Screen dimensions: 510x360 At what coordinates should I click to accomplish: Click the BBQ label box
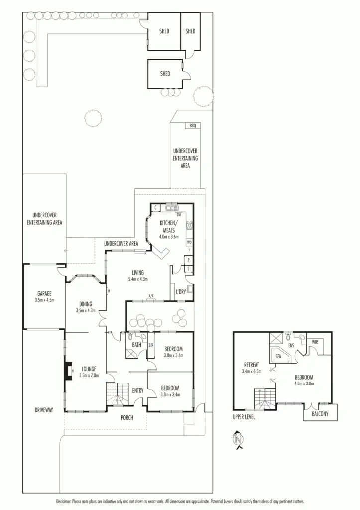tap(193, 126)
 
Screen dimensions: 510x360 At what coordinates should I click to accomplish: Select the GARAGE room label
tap(44, 293)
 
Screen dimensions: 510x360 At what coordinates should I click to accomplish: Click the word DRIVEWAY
tap(44, 410)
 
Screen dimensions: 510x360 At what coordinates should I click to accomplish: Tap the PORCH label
tap(127, 417)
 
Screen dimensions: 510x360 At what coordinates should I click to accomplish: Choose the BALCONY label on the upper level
tap(320, 413)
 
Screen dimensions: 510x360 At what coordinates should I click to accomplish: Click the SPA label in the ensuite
tap(278, 357)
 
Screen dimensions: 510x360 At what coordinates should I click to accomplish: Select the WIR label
tap(314, 342)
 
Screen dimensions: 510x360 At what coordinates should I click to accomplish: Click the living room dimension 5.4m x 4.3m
tap(138, 280)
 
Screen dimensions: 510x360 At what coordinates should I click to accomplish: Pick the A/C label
tap(150, 298)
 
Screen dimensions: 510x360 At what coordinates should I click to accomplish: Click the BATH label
tap(136, 344)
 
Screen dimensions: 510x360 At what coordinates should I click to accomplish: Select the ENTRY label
tap(138, 391)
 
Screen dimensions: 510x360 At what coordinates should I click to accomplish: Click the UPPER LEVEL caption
tap(244, 417)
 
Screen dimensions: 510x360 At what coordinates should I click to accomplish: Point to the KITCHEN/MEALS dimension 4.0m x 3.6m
tap(168, 237)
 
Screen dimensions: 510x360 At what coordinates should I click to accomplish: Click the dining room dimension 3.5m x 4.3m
tap(85, 310)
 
